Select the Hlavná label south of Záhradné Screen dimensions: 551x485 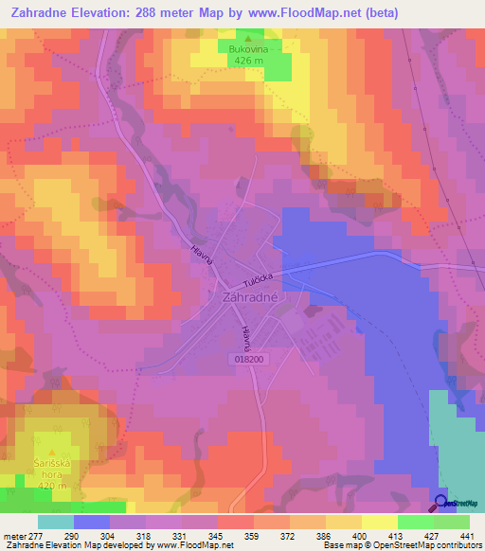click(246, 340)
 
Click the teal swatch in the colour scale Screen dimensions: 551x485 click(56, 522)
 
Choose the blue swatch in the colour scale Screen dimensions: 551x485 click(92, 522)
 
